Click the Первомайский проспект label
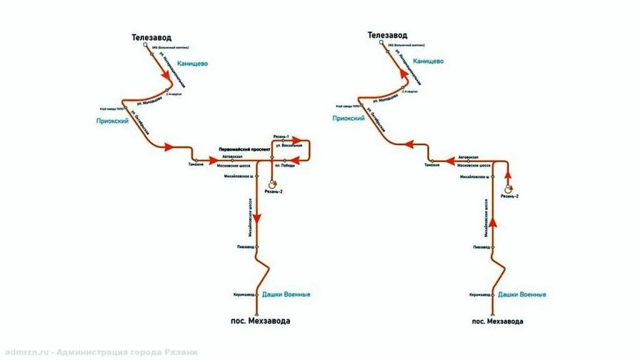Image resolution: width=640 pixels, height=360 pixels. coord(244,150)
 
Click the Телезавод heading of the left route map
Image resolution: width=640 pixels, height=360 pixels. coord(151,37)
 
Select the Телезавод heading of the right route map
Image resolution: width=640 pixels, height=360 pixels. coord(387,36)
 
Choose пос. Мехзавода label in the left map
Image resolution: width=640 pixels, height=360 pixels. coord(261,321)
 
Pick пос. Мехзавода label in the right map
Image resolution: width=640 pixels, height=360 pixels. coord(497,321)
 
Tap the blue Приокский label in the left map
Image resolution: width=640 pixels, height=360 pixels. coord(112,121)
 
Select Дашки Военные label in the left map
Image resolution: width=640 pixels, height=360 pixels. coord(286,294)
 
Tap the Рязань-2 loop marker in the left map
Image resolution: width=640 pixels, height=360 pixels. coord(272,184)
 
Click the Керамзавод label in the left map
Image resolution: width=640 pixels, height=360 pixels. coord(244,294)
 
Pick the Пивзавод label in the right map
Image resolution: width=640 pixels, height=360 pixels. coord(482,247)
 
